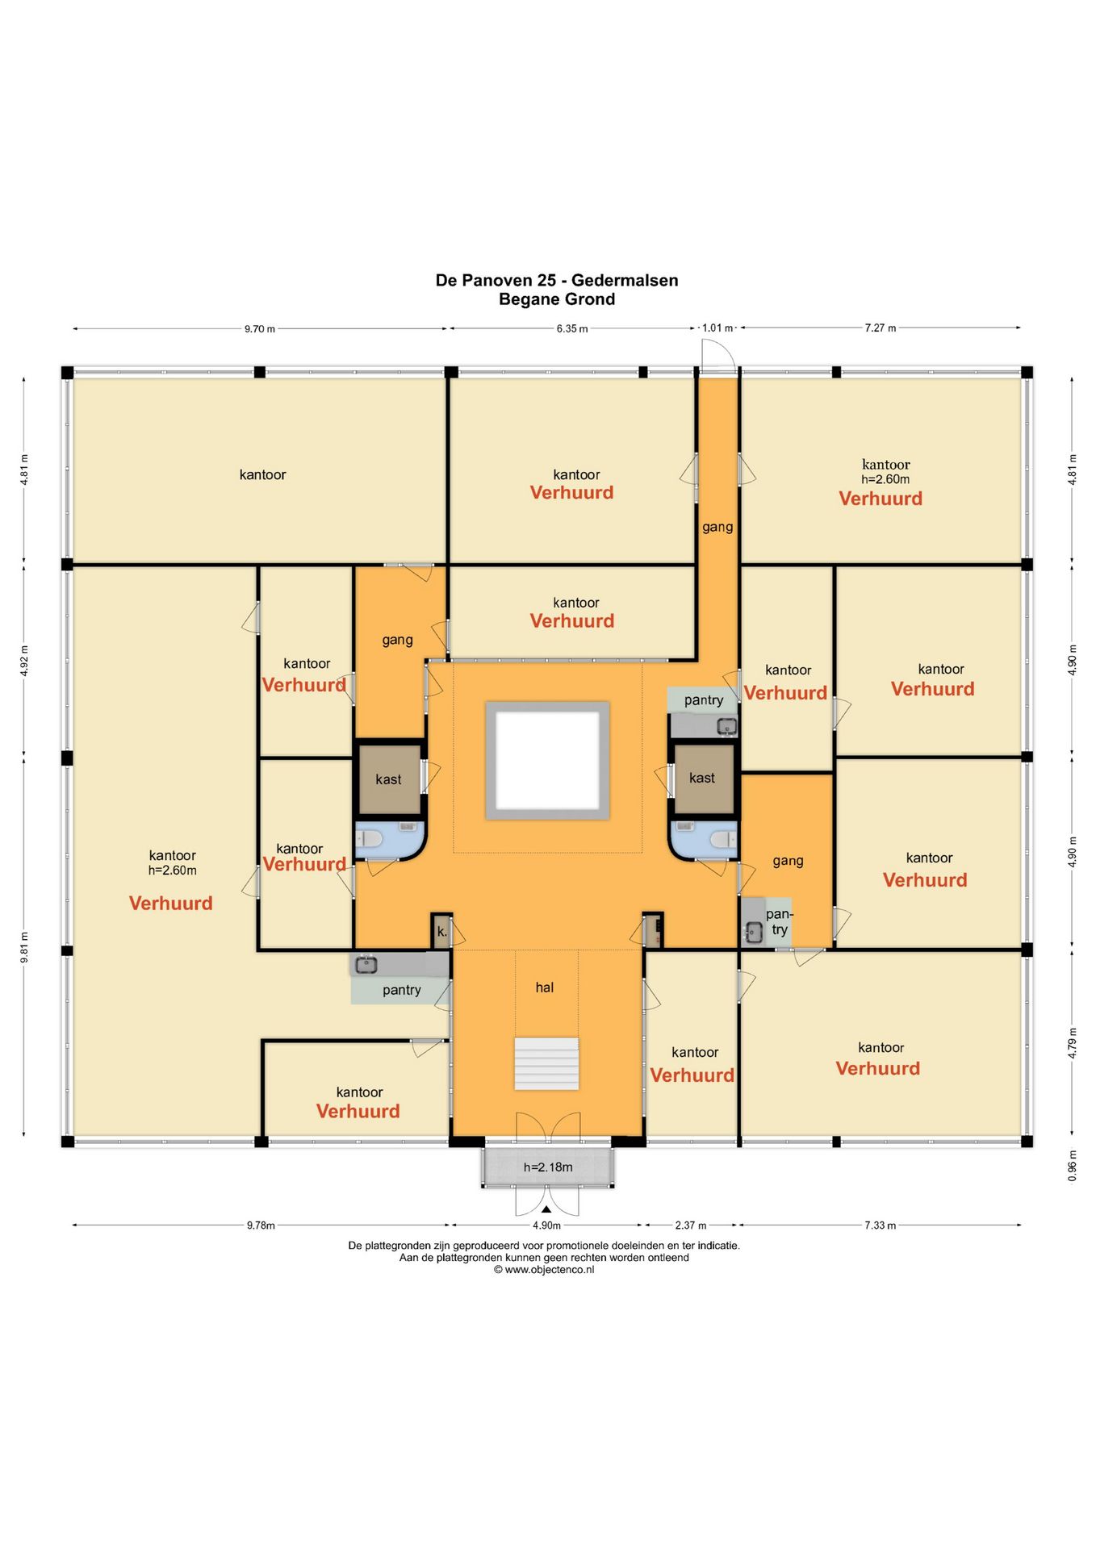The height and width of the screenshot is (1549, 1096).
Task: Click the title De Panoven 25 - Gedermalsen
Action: coord(556,280)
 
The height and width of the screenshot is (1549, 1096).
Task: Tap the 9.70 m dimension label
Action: coord(260,329)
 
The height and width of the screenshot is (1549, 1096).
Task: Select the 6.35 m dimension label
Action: coord(571,329)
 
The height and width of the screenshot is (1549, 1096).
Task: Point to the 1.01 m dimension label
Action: coord(717,328)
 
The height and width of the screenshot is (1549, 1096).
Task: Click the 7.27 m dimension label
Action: coord(880,328)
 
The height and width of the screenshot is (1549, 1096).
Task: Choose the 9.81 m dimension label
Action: coord(24,947)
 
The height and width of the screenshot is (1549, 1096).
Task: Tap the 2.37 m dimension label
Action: coord(691,1225)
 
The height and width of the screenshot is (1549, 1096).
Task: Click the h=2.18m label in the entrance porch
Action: coord(548,1167)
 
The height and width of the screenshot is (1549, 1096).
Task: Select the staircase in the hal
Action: coord(546,1063)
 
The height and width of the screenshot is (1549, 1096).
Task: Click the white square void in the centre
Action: coord(547,761)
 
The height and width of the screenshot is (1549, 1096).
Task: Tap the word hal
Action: coord(545,987)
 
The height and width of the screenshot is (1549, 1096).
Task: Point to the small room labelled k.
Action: coord(441,932)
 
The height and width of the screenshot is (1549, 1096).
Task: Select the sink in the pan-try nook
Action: coord(754,933)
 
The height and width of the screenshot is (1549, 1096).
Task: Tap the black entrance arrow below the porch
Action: coord(546,1209)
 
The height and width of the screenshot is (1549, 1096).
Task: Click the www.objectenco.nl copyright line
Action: coord(544,1270)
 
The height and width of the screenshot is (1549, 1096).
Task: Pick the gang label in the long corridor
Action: coord(717,527)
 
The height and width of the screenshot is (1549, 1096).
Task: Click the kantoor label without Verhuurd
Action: coord(262,474)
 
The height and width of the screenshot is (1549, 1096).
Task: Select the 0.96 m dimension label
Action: coord(1073,1166)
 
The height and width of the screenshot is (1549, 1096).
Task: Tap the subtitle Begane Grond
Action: coord(557,299)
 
